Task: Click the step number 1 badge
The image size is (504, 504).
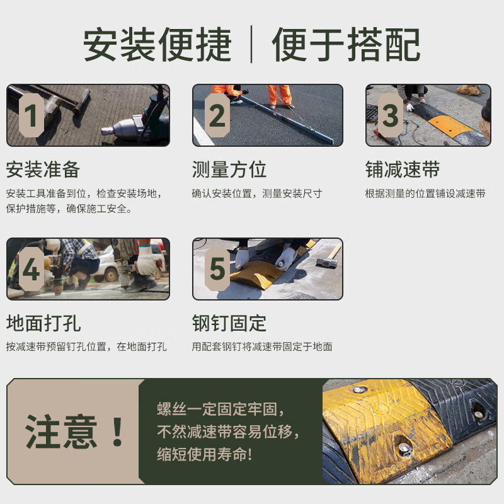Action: coord(30,116)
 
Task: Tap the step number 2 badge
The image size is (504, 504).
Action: coord(217,116)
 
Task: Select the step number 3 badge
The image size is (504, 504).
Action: coord(390,116)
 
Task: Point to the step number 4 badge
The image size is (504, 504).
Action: coord(30,269)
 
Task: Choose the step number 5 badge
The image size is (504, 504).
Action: coord(217,269)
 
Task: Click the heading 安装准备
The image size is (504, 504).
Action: coord(43,169)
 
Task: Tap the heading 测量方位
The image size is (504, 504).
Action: coord(229,169)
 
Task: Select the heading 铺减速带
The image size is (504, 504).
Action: coord(402,169)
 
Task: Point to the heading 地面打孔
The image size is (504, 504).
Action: coord(43,323)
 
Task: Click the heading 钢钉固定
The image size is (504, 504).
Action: coord(229,323)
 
